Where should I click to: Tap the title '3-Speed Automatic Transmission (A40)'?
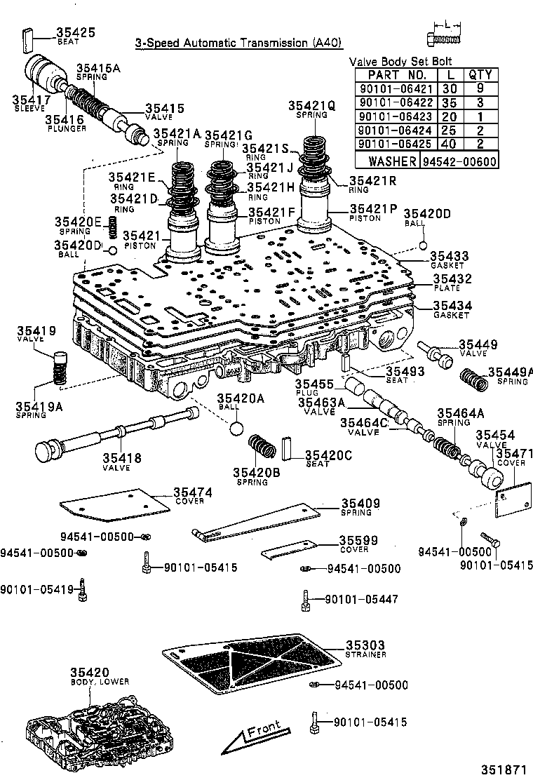tap(239, 43)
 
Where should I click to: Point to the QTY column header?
tap(480, 75)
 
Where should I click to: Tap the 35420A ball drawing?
tap(236, 429)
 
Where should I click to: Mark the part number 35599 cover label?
tap(358, 540)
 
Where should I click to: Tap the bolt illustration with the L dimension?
tap(444, 37)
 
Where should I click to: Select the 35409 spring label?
tap(360, 503)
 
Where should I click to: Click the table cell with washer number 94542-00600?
tap(459, 161)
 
